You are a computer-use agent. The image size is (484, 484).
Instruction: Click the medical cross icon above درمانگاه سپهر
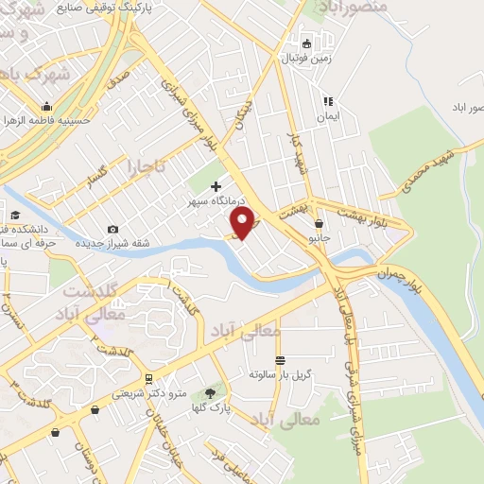[216, 187]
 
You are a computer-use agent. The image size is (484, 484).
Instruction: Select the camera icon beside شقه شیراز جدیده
[113, 229]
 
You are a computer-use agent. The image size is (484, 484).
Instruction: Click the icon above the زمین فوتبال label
[306, 43]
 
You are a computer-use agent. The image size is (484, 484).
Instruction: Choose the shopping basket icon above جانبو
[320, 224]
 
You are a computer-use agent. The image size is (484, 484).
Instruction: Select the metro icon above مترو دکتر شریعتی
[147, 379]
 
